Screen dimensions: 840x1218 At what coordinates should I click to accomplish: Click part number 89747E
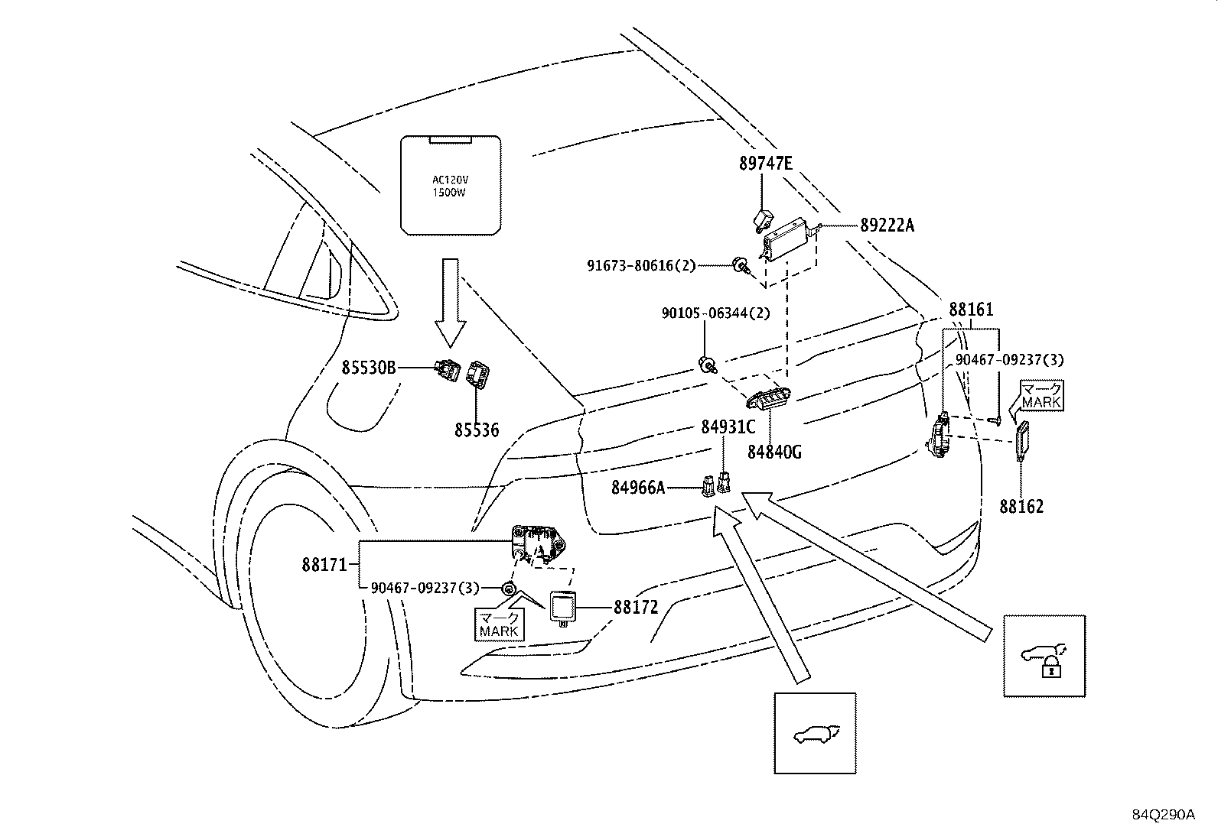(766, 163)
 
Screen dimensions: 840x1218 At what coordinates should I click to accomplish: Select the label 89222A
(887, 225)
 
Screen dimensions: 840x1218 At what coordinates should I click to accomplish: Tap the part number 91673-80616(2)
(641, 266)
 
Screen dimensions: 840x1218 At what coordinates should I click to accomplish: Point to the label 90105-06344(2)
(716, 313)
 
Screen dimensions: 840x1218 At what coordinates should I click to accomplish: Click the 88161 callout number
(971, 310)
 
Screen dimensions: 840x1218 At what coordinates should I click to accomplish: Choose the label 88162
(1021, 507)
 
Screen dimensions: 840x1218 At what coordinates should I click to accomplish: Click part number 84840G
(774, 452)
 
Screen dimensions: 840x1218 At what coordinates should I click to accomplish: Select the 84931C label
(728, 426)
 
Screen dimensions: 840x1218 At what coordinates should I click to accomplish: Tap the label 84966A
(638, 487)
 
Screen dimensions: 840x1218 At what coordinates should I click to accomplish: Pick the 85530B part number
(369, 368)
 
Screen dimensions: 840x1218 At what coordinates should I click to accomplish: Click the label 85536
(477, 431)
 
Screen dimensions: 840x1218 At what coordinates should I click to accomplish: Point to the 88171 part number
(325, 566)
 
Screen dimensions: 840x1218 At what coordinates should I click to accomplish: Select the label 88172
(636, 608)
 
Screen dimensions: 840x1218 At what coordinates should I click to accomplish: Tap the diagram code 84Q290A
(1164, 815)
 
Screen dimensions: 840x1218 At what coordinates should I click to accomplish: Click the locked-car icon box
(1044, 656)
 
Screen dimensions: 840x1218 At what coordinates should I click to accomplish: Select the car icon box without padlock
(815, 734)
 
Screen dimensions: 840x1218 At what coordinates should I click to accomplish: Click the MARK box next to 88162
(1041, 396)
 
